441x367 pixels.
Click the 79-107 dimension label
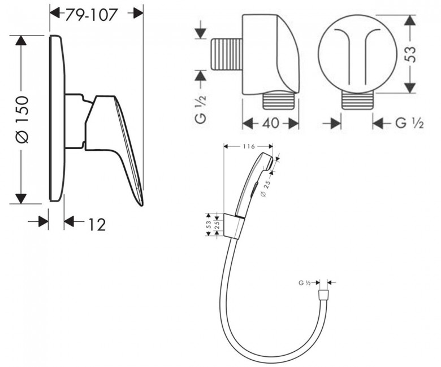pos(91,15)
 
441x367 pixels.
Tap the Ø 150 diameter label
pos(22,120)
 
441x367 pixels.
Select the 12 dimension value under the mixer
pos(97,224)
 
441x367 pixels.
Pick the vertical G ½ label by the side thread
pos(201,109)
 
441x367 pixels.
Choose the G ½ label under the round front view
pos(409,123)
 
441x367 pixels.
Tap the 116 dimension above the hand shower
pos(249,146)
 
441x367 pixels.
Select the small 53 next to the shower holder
pos(209,224)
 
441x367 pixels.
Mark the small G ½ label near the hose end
pos(304,283)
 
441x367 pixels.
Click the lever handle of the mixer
pos(114,141)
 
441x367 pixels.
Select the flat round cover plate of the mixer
pos(57,118)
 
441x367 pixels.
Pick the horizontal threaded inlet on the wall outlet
pos(226,54)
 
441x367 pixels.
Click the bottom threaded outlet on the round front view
pos(357,101)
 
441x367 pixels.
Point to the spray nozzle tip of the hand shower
pos(270,163)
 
